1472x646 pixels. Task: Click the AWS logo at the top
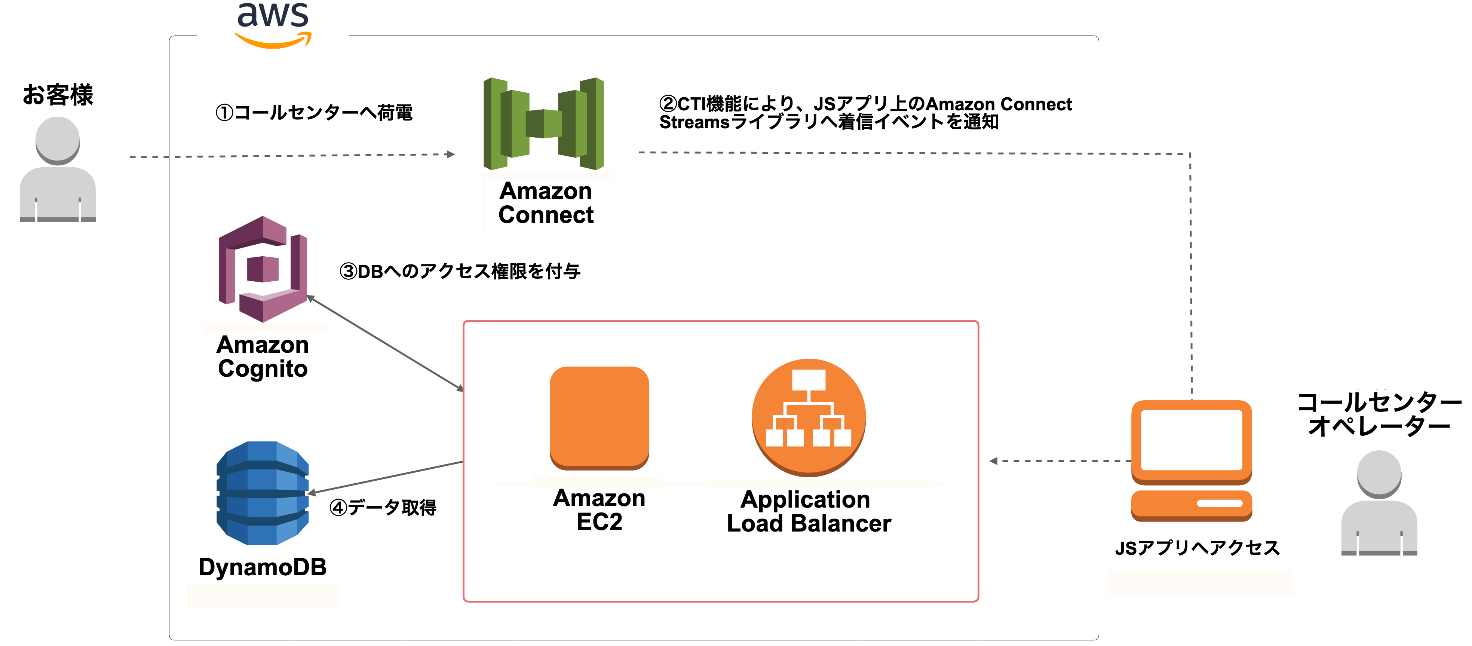pyautogui.click(x=273, y=24)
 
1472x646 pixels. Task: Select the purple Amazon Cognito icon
pyautogui.click(x=263, y=269)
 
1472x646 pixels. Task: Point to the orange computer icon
pyautogui.click(x=1192, y=460)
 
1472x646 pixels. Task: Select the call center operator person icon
pyautogui.click(x=1379, y=503)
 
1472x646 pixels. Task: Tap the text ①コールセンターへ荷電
pyautogui.click(x=314, y=113)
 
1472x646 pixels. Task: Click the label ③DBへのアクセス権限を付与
pyautogui.click(x=460, y=271)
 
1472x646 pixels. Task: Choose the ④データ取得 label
pyautogui.click(x=383, y=507)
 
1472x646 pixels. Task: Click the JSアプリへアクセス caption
pyautogui.click(x=1197, y=548)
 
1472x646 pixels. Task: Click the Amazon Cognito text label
pyautogui.click(x=263, y=357)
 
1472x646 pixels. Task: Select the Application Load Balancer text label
pyautogui.click(x=808, y=511)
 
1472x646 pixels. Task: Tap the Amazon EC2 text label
pyautogui.click(x=599, y=510)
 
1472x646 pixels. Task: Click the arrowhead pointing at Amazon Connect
pyautogui.click(x=451, y=154)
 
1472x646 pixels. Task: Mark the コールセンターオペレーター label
pyautogui.click(x=1379, y=414)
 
